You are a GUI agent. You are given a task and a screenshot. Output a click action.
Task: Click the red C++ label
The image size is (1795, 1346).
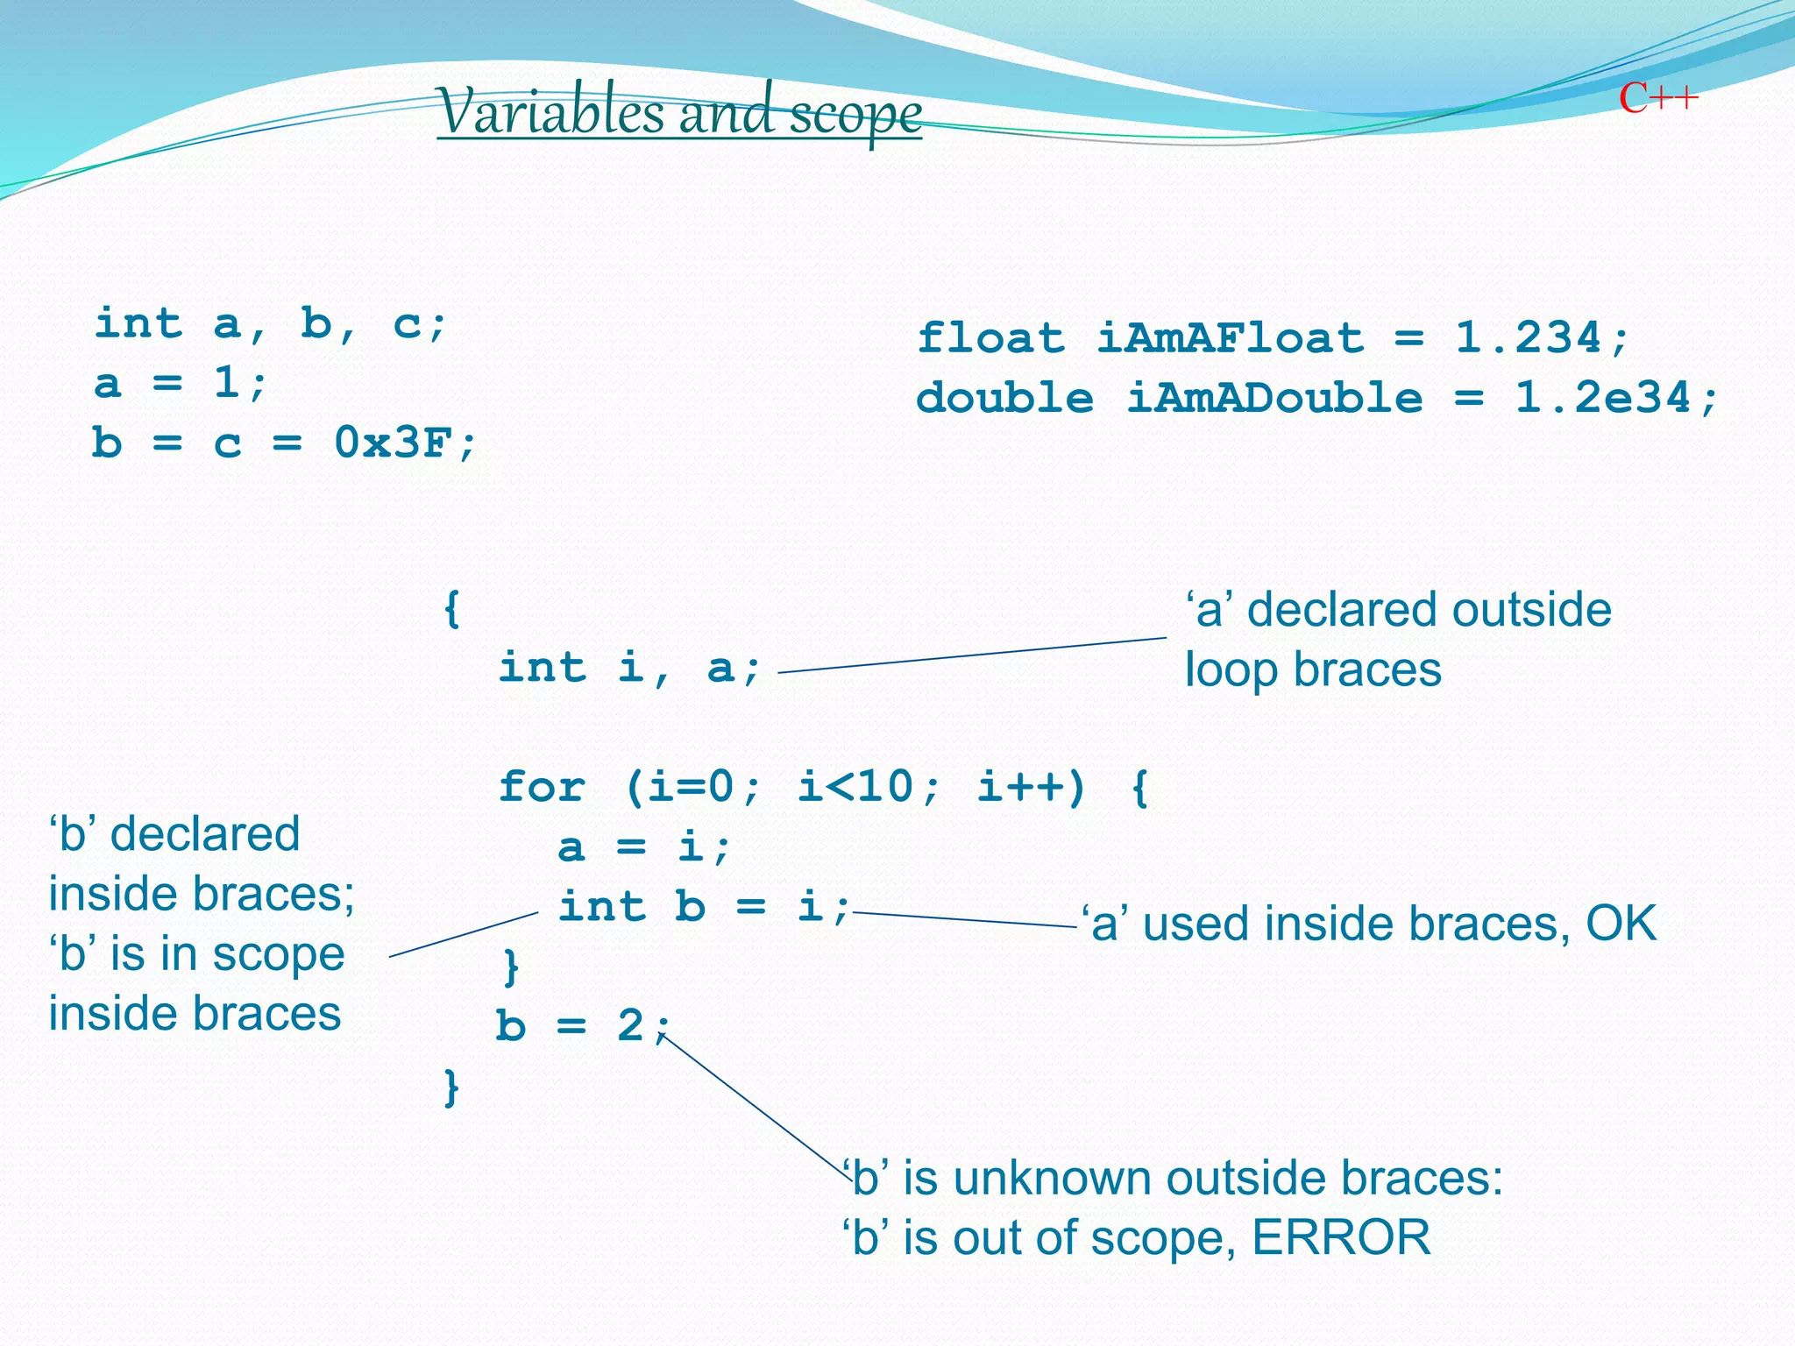1658,98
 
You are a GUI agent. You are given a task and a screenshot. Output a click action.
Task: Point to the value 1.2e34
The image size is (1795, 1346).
1602,399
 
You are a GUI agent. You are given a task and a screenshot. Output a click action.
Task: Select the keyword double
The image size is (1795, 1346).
1004,399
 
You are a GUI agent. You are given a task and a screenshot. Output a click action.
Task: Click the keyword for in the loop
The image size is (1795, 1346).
542,787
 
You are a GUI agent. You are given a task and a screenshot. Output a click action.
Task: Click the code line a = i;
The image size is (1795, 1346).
643,847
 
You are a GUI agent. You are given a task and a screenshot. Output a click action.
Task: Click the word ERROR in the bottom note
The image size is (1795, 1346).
1341,1238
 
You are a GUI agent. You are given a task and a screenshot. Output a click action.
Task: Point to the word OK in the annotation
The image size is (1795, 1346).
1621,924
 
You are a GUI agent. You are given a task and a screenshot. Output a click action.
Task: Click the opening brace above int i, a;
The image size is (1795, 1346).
451,608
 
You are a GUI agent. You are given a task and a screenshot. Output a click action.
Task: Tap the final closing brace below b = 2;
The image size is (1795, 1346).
451,1087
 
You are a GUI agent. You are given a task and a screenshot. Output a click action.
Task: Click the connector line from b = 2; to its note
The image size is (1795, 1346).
754,1107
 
